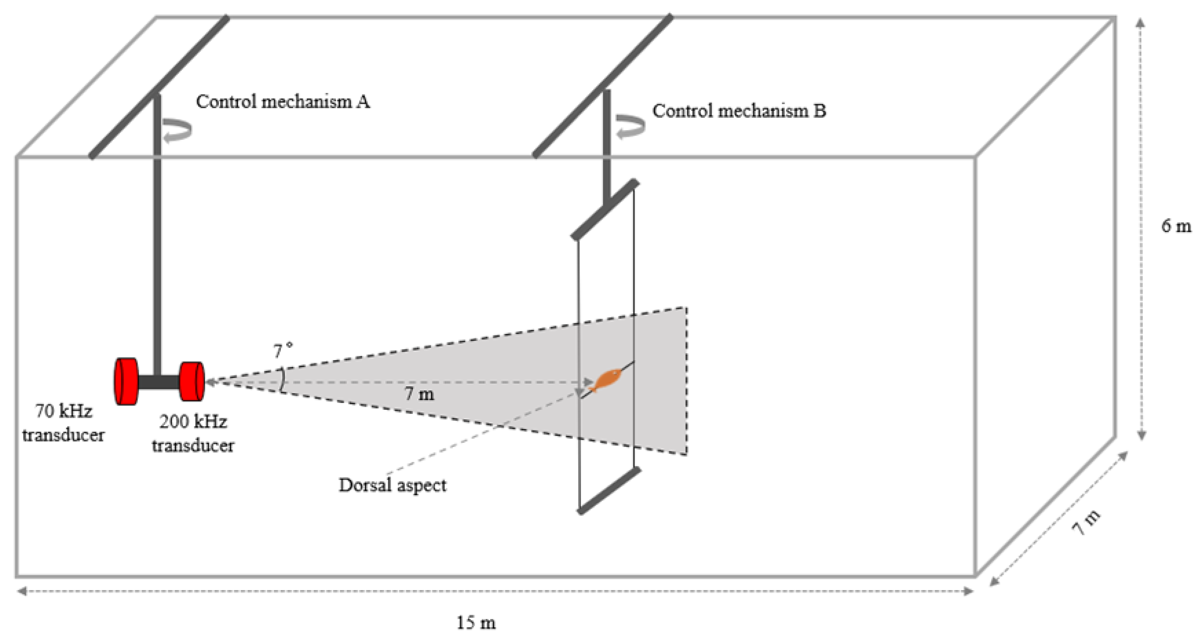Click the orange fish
coord(606,379)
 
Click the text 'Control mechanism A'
coord(283,102)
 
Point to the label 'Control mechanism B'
coord(739,111)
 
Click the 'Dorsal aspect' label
coord(392,485)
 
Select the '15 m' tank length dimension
coord(476,622)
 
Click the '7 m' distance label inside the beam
coord(419,394)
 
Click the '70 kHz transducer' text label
coord(63,423)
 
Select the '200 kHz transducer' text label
coord(193,433)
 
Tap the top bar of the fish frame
coord(605,209)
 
